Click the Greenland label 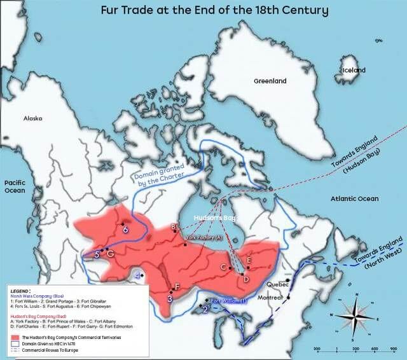270,81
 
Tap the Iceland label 354,70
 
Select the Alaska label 32,118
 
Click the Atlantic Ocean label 354,199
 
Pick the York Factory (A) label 203,237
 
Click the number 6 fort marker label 125,230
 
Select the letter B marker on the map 173,226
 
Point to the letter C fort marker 223,267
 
